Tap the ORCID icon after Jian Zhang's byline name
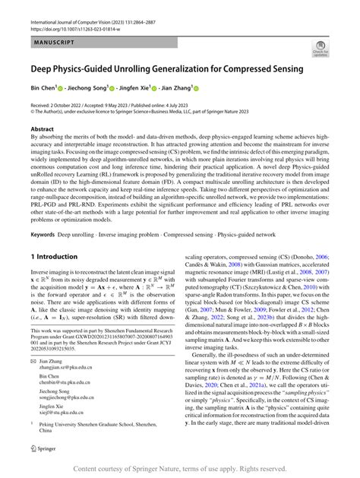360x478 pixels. point(194,88)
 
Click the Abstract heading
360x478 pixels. point(43,130)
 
